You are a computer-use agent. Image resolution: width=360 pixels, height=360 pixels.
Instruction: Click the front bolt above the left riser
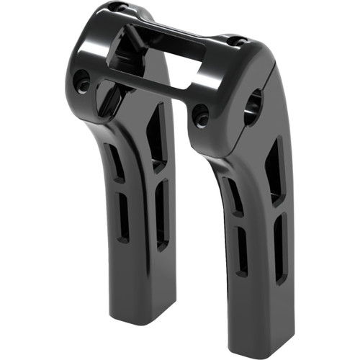point(83,81)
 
